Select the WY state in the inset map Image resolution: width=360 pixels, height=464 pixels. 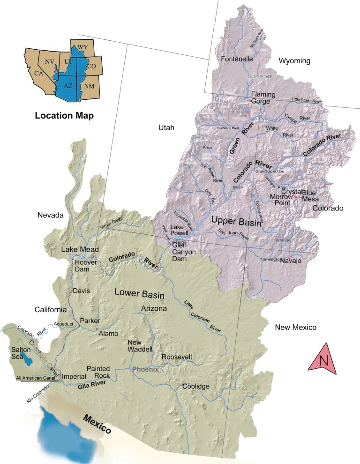click(x=82, y=47)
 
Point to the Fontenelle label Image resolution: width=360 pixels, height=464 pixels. click(x=237, y=59)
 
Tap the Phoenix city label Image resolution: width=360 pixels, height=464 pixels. click(x=145, y=369)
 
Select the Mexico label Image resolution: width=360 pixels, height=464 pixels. click(x=97, y=424)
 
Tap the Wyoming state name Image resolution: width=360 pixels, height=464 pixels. click(x=295, y=61)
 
